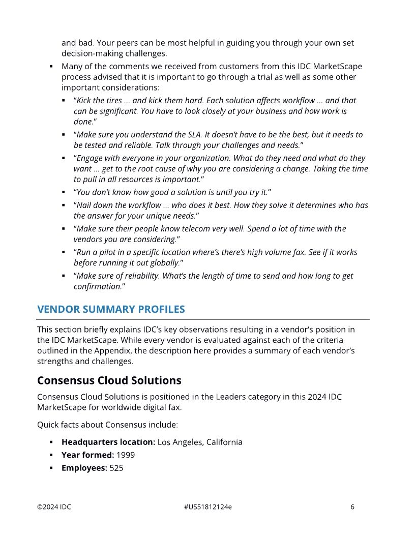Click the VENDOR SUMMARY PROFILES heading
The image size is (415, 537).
tap(111, 309)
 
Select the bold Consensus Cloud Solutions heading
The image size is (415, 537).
tap(109, 380)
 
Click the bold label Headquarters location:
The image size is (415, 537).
tap(108, 442)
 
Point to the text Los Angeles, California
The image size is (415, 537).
tap(200, 442)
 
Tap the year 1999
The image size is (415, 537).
tap(126, 455)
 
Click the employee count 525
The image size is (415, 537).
tap(116, 467)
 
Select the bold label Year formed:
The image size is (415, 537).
tap(87, 455)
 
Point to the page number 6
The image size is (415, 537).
tap(352, 506)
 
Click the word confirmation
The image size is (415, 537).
tap(97, 286)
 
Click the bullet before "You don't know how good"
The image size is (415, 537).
tap(64, 193)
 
